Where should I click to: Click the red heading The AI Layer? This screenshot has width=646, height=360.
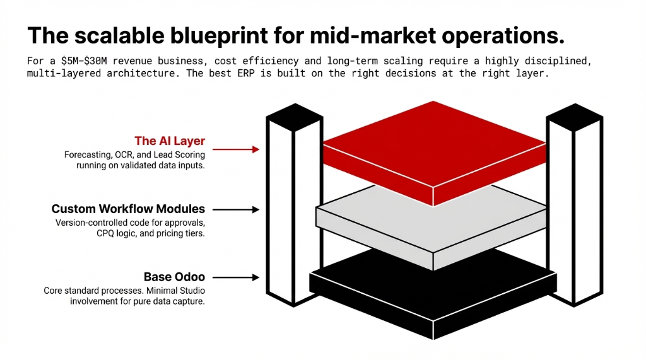point(169,141)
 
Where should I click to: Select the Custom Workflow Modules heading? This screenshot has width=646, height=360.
point(128,209)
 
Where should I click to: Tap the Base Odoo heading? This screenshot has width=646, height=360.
point(174,277)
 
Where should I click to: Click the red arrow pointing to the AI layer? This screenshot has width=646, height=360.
point(236,149)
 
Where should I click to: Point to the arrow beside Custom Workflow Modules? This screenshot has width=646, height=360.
point(236,209)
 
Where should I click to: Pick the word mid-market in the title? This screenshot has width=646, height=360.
point(352,36)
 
